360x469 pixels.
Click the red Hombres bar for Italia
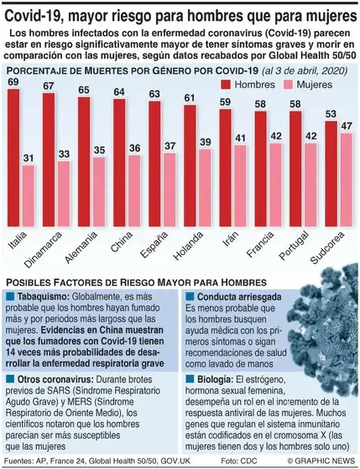tap(13, 155)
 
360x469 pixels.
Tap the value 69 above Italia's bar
tap(13, 81)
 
